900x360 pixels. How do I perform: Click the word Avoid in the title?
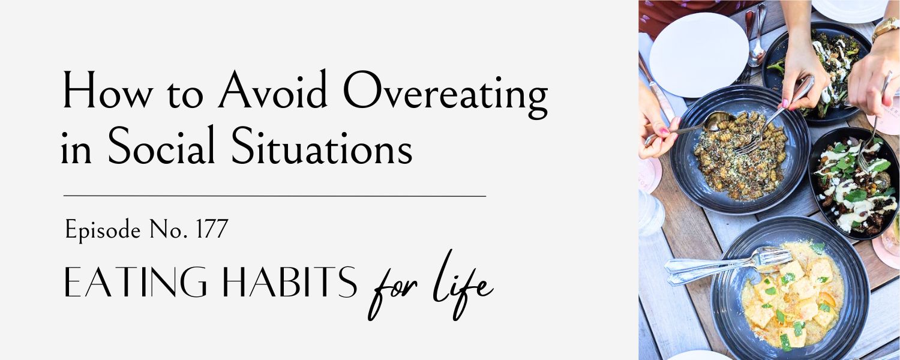pyautogui.click(x=272, y=91)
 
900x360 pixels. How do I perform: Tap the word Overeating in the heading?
pyautogui.click(x=446, y=95)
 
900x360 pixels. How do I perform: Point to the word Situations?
pyautogui.click(x=322, y=145)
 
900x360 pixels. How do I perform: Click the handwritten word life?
pyautogui.click(x=463, y=284)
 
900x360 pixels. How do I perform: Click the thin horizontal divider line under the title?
pyautogui.click(x=275, y=196)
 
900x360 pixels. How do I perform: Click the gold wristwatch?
pyautogui.click(x=885, y=28)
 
